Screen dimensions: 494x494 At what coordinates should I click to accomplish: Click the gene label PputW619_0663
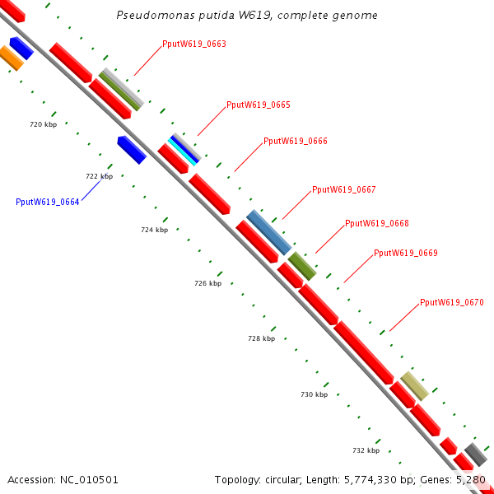click(x=194, y=44)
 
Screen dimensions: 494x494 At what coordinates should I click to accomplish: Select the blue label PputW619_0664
click(x=48, y=202)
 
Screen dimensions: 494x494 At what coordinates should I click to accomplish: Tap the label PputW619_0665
click(x=259, y=105)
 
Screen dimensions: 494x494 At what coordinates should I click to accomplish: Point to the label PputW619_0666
click(x=296, y=141)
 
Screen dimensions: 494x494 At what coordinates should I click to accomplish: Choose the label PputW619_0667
click(x=344, y=190)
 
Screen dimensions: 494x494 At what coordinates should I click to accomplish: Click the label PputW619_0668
click(x=377, y=223)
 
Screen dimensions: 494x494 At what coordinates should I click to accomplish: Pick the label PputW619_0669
click(x=406, y=253)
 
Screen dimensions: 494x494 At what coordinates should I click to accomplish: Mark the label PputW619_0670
click(x=452, y=302)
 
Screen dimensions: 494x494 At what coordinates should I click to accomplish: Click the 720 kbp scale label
click(x=43, y=124)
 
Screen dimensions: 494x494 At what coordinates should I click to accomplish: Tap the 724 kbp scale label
click(x=154, y=230)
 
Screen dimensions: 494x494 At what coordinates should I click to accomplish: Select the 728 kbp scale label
click(x=261, y=338)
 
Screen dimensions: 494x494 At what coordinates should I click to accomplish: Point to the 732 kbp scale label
click(x=366, y=450)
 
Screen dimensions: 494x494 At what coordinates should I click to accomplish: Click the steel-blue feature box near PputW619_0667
click(x=268, y=232)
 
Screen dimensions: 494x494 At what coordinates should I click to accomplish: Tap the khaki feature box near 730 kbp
click(x=414, y=386)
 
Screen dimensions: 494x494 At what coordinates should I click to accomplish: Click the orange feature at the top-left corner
click(x=11, y=58)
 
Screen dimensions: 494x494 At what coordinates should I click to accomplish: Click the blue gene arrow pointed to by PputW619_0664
click(x=132, y=150)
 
